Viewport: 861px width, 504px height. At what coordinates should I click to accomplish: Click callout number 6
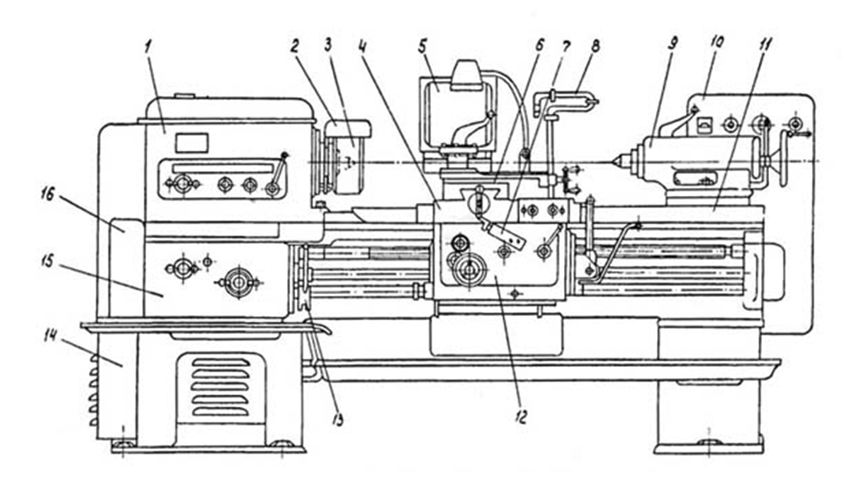pyautogui.click(x=540, y=42)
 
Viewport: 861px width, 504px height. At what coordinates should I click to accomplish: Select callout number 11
pyautogui.click(x=761, y=41)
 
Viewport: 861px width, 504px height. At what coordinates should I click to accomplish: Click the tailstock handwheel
pyautogui.click(x=773, y=160)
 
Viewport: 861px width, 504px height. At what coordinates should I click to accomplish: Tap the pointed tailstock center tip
pyautogui.click(x=619, y=161)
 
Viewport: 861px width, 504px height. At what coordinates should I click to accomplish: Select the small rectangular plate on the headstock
pyautogui.click(x=191, y=143)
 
